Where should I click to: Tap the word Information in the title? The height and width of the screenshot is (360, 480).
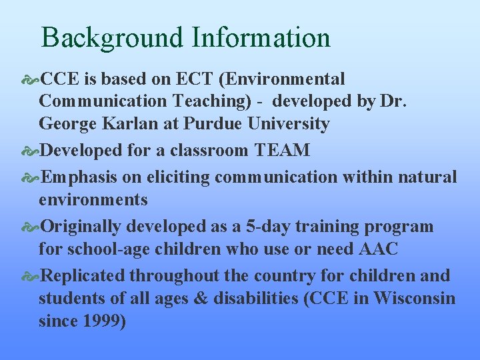(261, 38)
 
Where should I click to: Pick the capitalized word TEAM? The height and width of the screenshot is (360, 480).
(282, 151)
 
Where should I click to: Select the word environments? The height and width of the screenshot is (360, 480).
(93, 199)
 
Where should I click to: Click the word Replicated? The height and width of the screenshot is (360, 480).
(83, 275)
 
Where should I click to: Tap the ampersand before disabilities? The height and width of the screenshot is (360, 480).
(201, 298)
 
